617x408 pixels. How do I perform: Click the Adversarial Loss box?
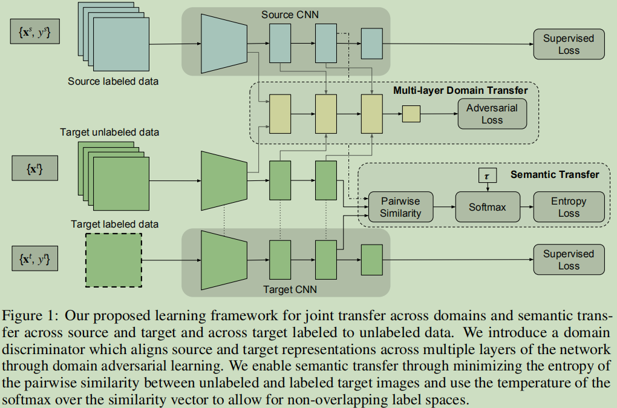coord(492,113)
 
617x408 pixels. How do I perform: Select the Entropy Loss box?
coord(568,207)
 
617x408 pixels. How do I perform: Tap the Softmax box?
coord(487,207)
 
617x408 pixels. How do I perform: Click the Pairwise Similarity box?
coord(400,207)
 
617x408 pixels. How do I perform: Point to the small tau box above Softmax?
coord(487,175)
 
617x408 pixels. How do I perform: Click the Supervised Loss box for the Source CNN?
coord(568,44)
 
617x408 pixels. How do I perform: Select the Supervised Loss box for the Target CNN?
coord(568,260)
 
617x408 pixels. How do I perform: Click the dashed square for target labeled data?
coord(113,261)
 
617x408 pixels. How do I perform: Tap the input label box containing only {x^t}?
coord(35,168)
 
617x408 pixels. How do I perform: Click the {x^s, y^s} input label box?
coord(35,32)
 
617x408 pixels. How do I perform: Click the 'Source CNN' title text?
coord(286,13)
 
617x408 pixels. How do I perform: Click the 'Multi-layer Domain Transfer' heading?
coord(460,90)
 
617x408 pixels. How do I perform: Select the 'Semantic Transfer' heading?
coord(555,174)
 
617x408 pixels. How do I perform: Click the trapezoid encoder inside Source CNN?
coord(224,44)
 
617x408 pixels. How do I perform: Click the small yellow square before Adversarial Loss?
coord(411,113)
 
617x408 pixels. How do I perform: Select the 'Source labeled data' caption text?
coord(114,81)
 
